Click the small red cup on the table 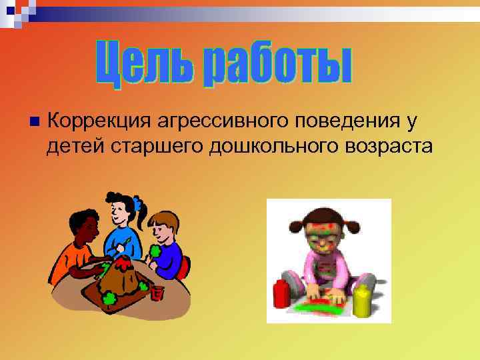pyautogui.click(x=157, y=292)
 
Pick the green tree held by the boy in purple pyautogui.click(x=155, y=251)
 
